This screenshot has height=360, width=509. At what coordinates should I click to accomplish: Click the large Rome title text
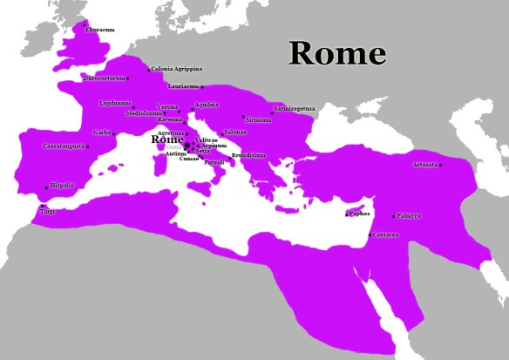[x=337, y=54]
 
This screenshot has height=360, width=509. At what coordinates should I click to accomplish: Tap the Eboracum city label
[x=100, y=30]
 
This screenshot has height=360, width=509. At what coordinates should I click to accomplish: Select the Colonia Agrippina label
[x=177, y=68]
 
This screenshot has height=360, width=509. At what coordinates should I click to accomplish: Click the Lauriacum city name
[x=184, y=86]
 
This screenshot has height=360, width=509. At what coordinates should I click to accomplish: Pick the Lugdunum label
[x=115, y=103]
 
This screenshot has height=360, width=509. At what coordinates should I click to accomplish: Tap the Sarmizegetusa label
[x=295, y=109]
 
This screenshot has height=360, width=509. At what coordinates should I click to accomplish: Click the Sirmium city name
[x=259, y=119]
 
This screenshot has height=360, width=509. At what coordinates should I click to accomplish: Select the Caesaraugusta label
[x=64, y=146]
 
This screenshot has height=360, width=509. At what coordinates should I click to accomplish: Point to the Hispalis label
[x=62, y=185]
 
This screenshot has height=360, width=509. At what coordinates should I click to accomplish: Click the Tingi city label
[x=47, y=210]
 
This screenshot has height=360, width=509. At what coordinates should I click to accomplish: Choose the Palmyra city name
[x=408, y=215]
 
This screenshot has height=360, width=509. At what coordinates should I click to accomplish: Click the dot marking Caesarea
[x=370, y=234]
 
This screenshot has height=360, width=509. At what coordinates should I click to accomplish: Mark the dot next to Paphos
[x=348, y=214]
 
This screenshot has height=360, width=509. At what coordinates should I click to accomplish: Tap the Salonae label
[x=236, y=132]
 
